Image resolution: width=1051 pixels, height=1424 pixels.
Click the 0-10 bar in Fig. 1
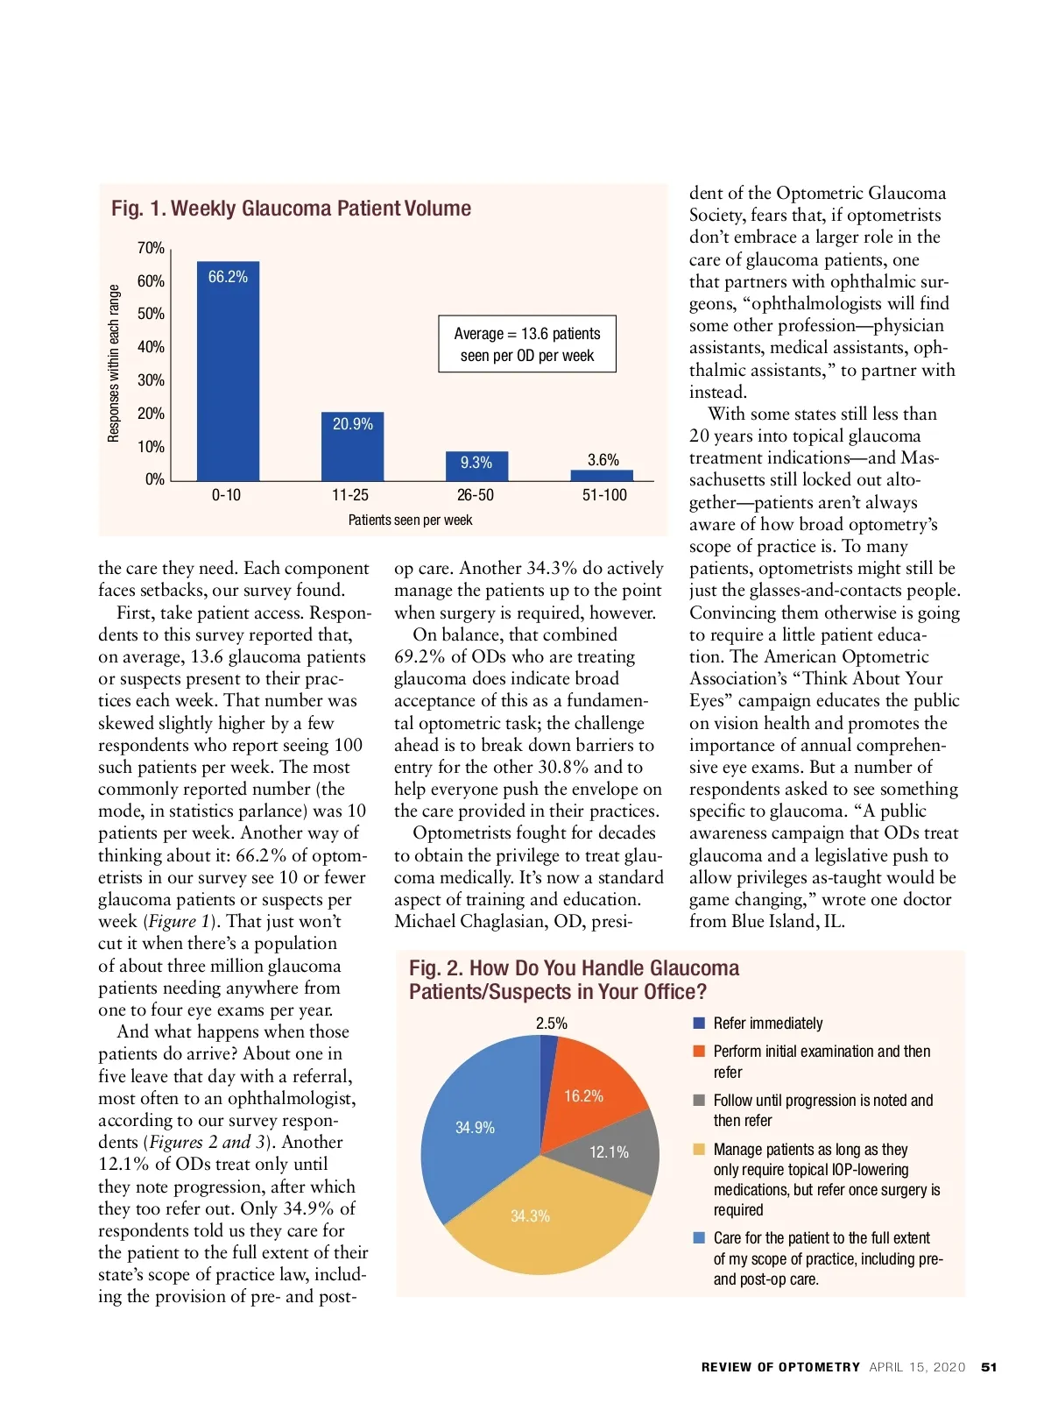[x=228, y=377]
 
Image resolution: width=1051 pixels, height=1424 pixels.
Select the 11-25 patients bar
[x=352, y=451]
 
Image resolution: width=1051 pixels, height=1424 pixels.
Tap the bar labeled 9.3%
[x=476, y=464]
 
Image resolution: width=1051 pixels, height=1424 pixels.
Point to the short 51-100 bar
[x=602, y=476]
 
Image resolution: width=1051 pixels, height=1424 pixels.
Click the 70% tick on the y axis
[x=151, y=248]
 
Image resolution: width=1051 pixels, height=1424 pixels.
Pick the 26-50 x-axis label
[x=476, y=495]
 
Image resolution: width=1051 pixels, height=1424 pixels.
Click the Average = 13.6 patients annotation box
[x=527, y=344]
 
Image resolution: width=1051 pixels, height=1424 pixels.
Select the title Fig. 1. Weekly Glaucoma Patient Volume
[x=291, y=209]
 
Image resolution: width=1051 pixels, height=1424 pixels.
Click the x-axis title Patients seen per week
[x=410, y=521]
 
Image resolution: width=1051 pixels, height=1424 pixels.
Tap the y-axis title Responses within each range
[x=114, y=363]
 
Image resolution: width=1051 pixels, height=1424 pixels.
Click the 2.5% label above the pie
[x=552, y=1024]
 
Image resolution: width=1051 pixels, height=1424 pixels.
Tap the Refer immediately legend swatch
[x=699, y=1024]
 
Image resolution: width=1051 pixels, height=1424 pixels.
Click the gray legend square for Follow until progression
[x=699, y=1101]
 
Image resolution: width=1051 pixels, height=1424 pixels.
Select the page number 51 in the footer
[x=989, y=1367]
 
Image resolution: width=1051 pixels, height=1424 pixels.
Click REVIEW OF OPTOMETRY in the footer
[x=780, y=1367]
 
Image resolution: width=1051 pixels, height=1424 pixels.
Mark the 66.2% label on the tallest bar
[x=228, y=277]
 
